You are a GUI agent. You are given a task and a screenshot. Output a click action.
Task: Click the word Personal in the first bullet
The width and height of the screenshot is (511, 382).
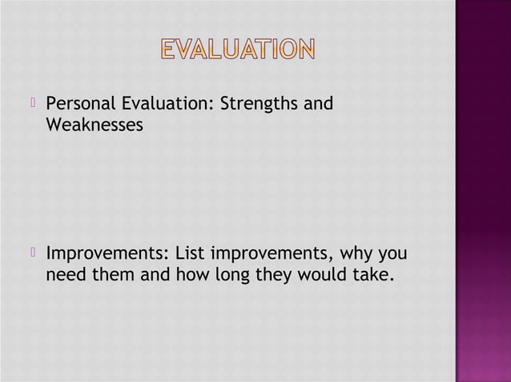tap(80, 105)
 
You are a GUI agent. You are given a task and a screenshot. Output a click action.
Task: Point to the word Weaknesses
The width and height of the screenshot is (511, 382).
tap(95, 125)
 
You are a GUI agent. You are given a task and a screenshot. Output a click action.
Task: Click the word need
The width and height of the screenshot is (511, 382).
tap(66, 277)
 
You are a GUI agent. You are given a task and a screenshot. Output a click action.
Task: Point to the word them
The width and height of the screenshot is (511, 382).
tap(115, 277)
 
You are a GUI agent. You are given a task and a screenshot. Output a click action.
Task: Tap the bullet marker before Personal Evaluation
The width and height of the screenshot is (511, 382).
tap(34, 104)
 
